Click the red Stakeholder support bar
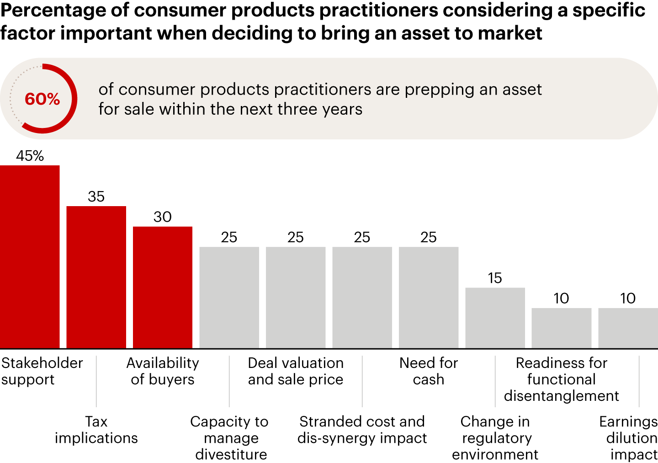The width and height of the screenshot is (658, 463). click(x=30, y=256)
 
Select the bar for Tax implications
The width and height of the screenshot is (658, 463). click(x=96, y=277)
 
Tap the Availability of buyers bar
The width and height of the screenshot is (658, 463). click(x=163, y=287)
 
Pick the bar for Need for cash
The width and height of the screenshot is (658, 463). click(x=429, y=298)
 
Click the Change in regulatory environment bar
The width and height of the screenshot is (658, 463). click(x=495, y=318)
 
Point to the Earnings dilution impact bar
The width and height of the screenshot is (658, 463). click(x=628, y=328)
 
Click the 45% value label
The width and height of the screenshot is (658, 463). click(x=30, y=156)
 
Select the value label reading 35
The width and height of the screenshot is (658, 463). click(x=96, y=197)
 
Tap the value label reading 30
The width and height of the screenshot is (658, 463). click(x=163, y=217)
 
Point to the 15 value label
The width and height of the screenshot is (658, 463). click(x=495, y=278)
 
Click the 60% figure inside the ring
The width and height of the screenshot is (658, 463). click(x=42, y=99)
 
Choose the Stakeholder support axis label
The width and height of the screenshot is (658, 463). click(x=42, y=371)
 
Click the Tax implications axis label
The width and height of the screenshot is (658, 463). click(x=96, y=430)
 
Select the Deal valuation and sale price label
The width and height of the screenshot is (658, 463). click(x=296, y=371)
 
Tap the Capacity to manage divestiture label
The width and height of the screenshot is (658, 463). click(x=229, y=437)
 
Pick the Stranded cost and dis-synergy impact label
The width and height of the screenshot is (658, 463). click(x=362, y=430)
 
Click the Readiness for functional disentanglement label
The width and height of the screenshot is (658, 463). click(x=562, y=379)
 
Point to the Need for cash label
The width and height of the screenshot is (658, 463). click(x=429, y=371)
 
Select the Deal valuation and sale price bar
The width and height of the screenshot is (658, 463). click(x=296, y=298)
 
